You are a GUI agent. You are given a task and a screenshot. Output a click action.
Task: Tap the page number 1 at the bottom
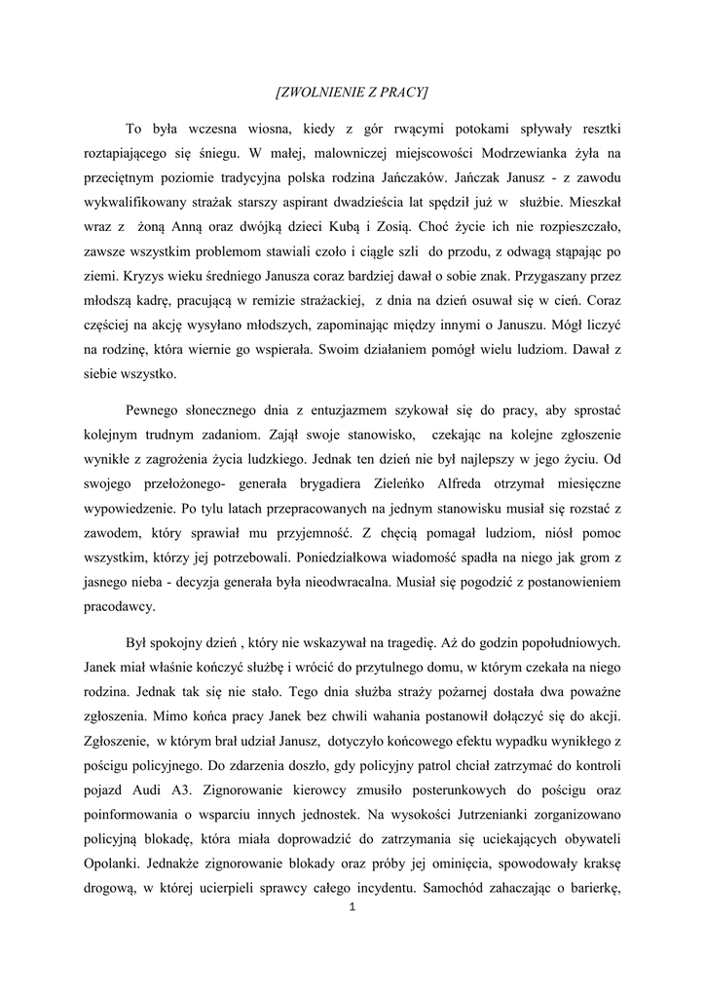point(352,909)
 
